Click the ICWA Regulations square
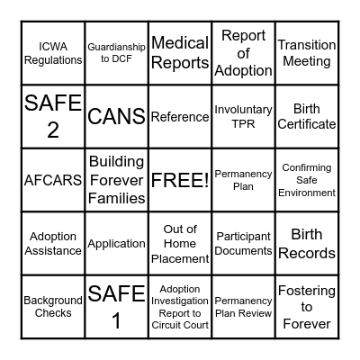pyautogui.click(x=53, y=53)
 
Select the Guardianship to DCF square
pyautogui.click(x=116, y=53)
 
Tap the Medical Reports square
pyautogui.click(x=180, y=53)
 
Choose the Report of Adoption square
pyautogui.click(x=243, y=53)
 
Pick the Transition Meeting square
pyautogui.click(x=306, y=53)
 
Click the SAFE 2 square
pyautogui.click(x=53, y=117)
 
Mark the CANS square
pyautogui.click(x=116, y=117)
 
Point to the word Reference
pyautogui.click(x=180, y=117)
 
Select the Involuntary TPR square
pyautogui.click(x=243, y=117)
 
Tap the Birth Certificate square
pyautogui.click(x=306, y=117)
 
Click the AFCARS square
pyautogui.click(x=53, y=180)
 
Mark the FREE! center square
pyautogui.click(x=180, y=180)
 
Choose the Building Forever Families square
pyautogui.click(x=116, y=180)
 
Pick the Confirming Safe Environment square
pyautogui.click(x=306, y=180)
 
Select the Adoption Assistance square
pyautogui.click(x=53, y=243)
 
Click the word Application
pyautogui.click(x=116, y=243)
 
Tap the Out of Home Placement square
pyautogui.click(x=180, y=243)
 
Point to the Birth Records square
pyautogui.click(x=306, y=243)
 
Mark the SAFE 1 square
pyautogui.click(x=116, y=306)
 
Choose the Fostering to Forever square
pyautogui.click(x=306, y=306)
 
